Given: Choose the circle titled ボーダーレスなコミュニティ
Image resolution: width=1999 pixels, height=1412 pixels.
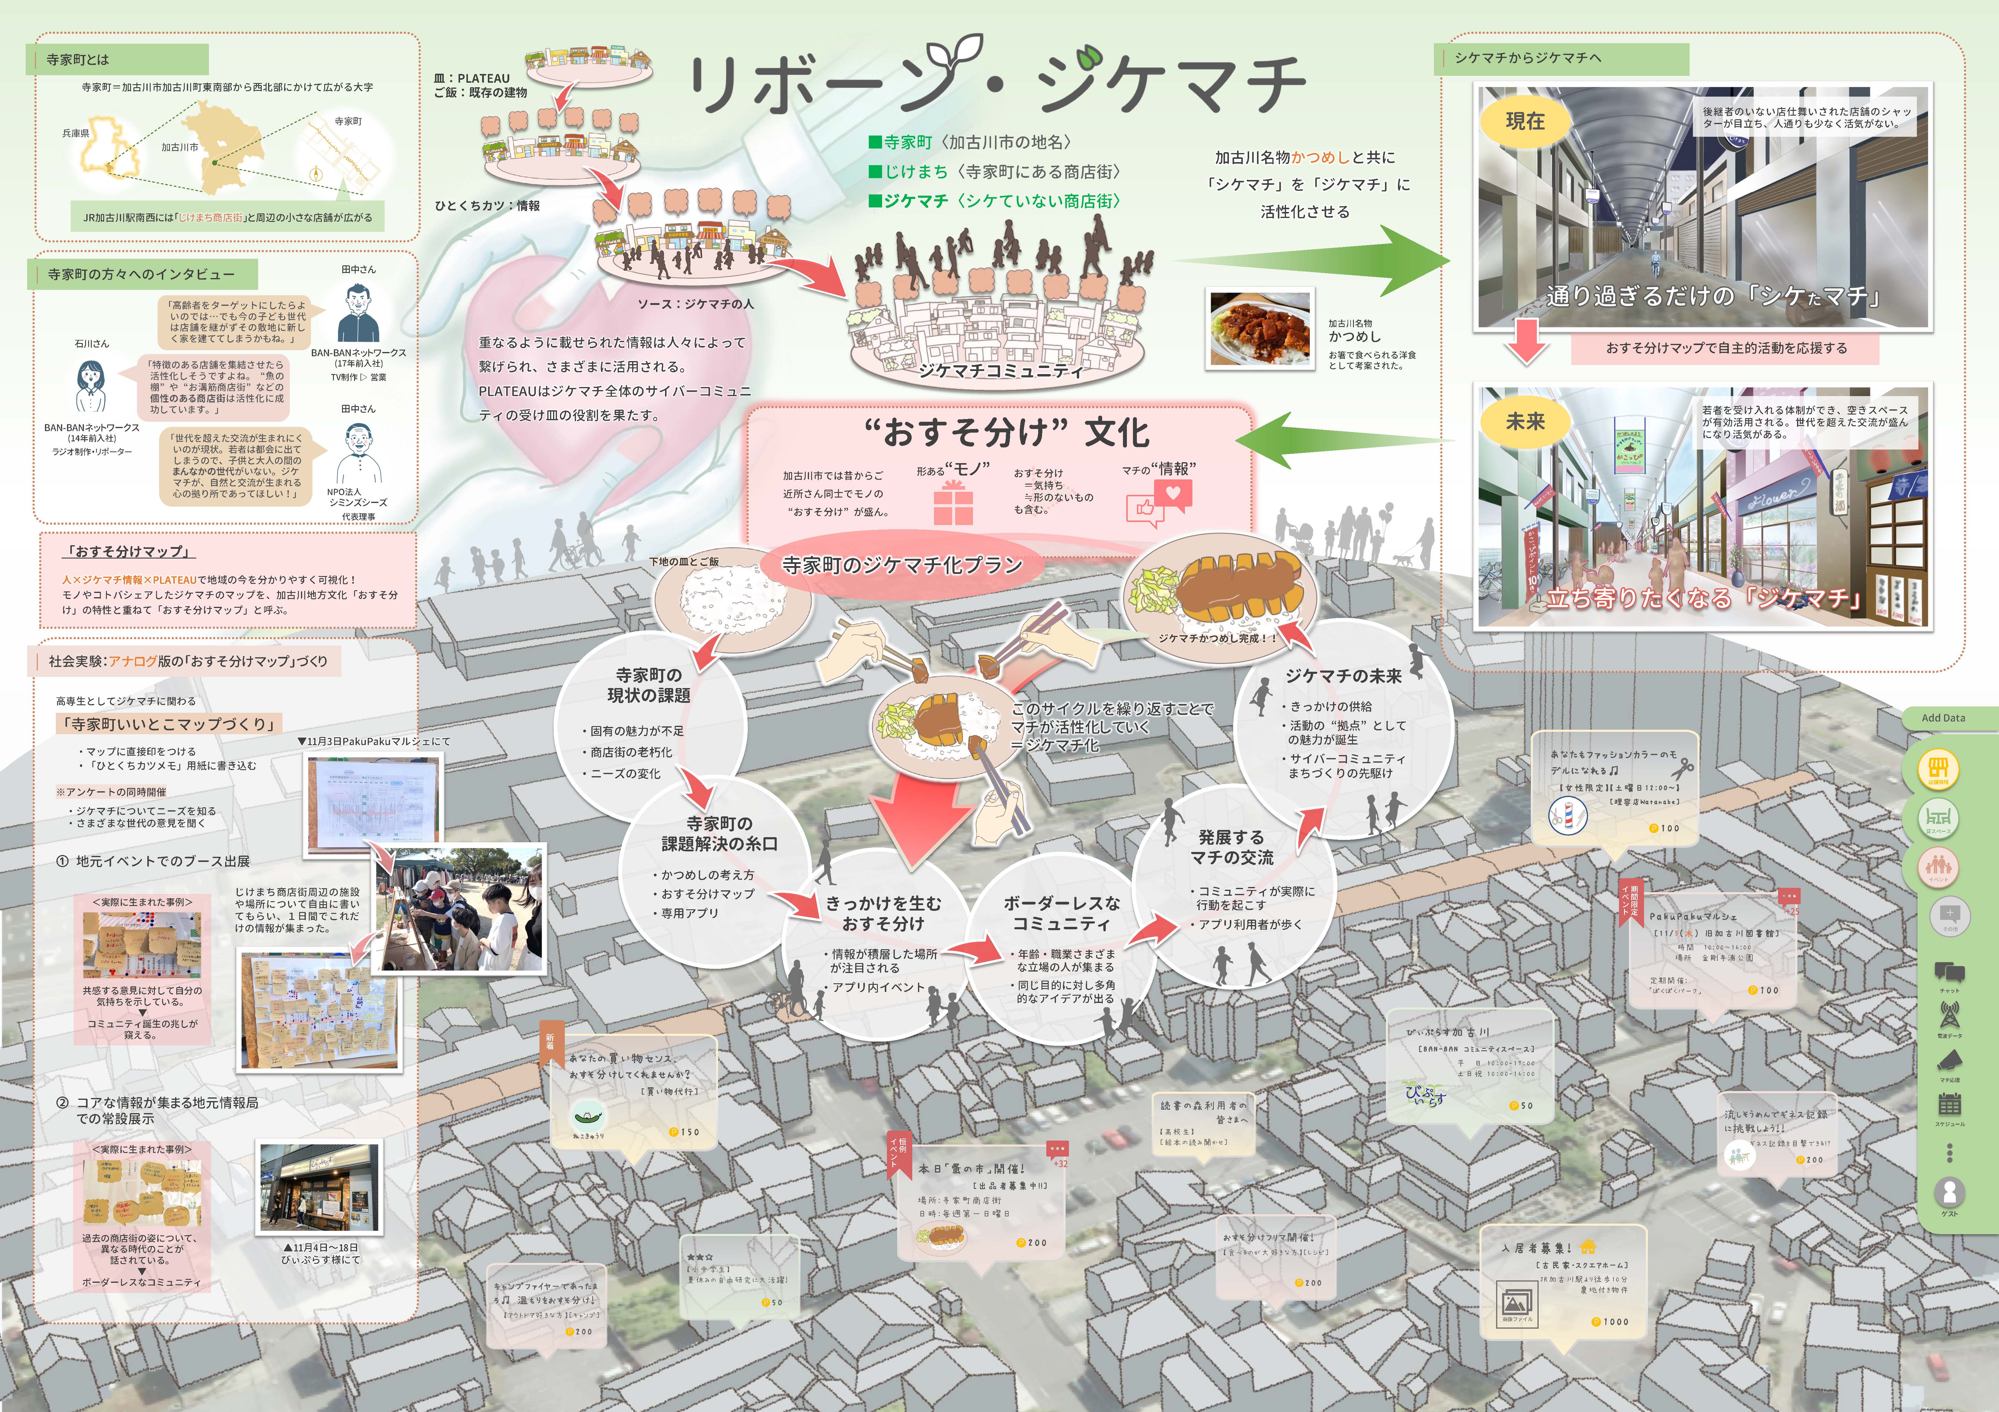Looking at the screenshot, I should tap(1061, 949).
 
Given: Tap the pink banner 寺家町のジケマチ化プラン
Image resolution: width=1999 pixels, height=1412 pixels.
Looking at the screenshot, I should tap(902, 566).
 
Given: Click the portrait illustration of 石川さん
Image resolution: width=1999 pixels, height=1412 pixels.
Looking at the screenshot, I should tap(91, 387).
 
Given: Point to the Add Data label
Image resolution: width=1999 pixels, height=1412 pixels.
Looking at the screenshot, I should tap(1943, 718).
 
